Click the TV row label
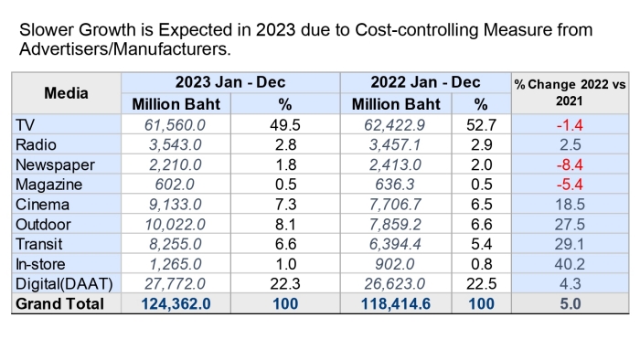tap(25, 125)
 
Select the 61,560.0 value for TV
tap(176, 125)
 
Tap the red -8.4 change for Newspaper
tap(570, 164)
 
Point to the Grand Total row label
tap(59, 304)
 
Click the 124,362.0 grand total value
tap(176, 304)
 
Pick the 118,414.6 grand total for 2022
tap(396, 304)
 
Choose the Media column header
tap(66, 93)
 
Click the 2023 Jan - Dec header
tap(230, 82)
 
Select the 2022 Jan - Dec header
tap(425, 82)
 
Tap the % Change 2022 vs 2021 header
tap(570, 92)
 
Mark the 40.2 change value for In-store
tap(570, 264)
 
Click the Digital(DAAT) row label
tap(64, 284)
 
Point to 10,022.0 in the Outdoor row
tap(176, 225)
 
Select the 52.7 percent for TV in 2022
tap(481, 125)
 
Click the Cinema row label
tap(42, 205)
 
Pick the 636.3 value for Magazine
tap(395, 185)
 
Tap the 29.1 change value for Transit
tap(570, 244)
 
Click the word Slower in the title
tap(46, 30)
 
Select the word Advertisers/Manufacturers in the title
tap(125, 49)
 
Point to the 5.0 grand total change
tap(570, 304)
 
